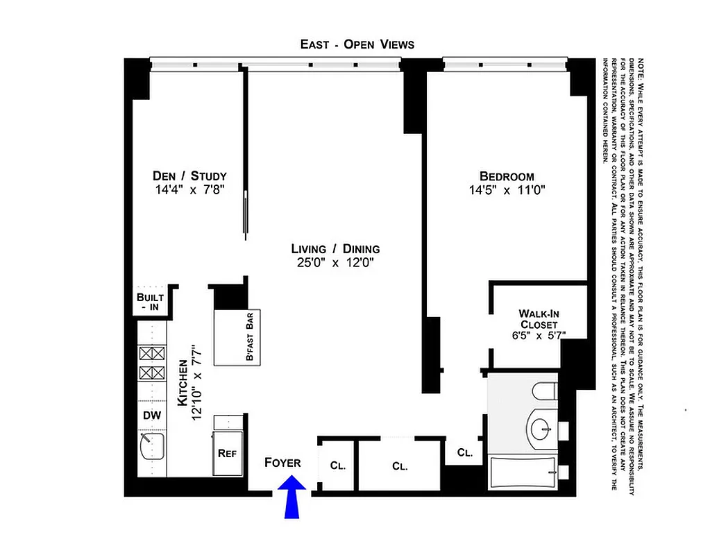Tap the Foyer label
tap(282, 463)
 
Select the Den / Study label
tap(189, 176)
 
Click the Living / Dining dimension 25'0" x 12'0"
tap(335, 263)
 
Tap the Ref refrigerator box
tap(227, 453)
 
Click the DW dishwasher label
tap(153, 416)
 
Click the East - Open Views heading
tap(357, 44)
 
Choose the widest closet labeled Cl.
tap(400, 466)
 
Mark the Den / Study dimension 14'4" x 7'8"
tap(189, 189)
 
